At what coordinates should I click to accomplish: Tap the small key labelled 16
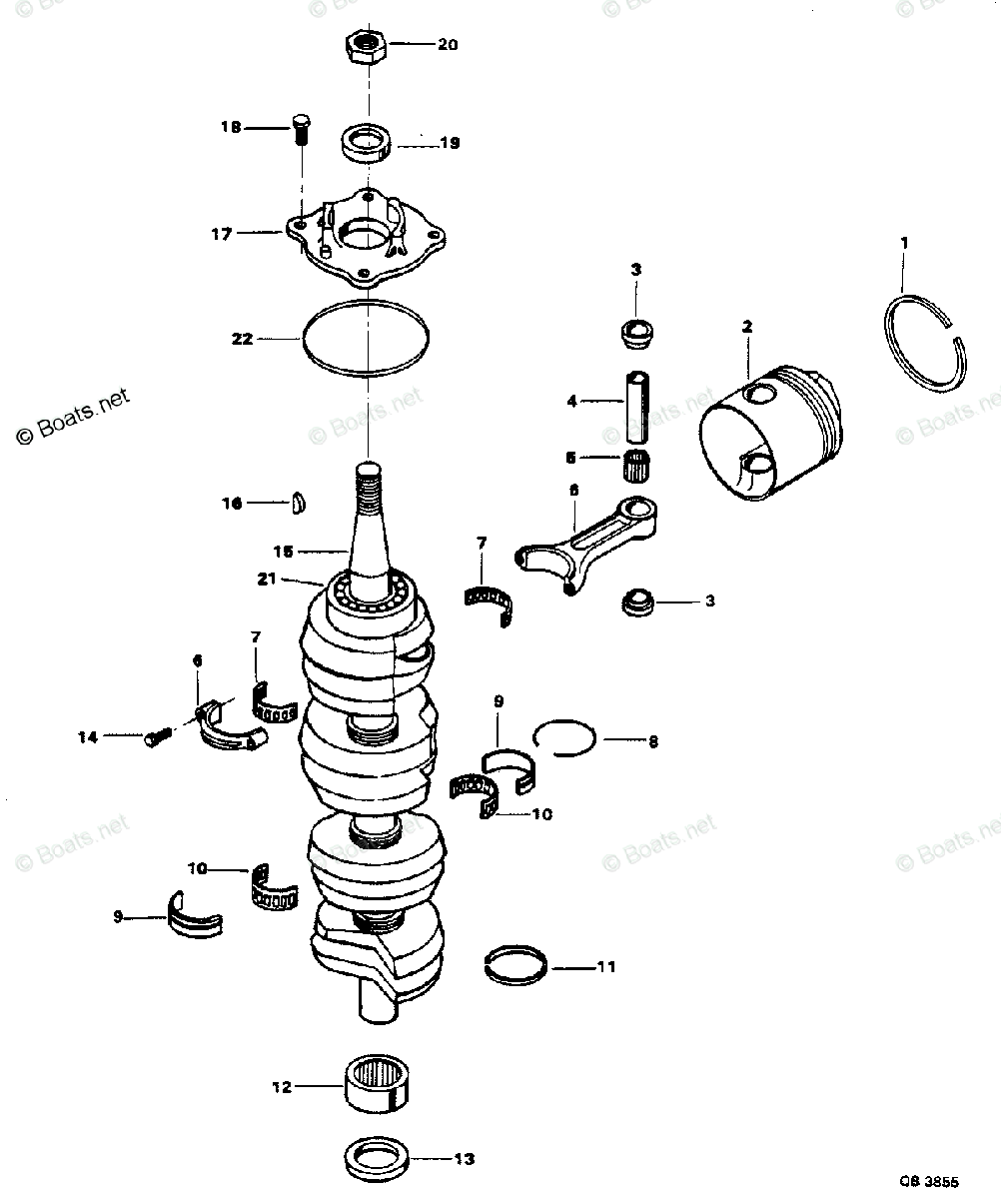tap(298, 504)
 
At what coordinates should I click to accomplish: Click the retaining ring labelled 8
tap(565, 739)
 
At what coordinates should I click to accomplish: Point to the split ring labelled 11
tap(514, 966)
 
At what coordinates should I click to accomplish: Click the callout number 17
tap(222, 234)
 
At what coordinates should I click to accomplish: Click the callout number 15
tap(283, 551)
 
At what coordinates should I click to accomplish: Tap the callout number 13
tap(463, 1159)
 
